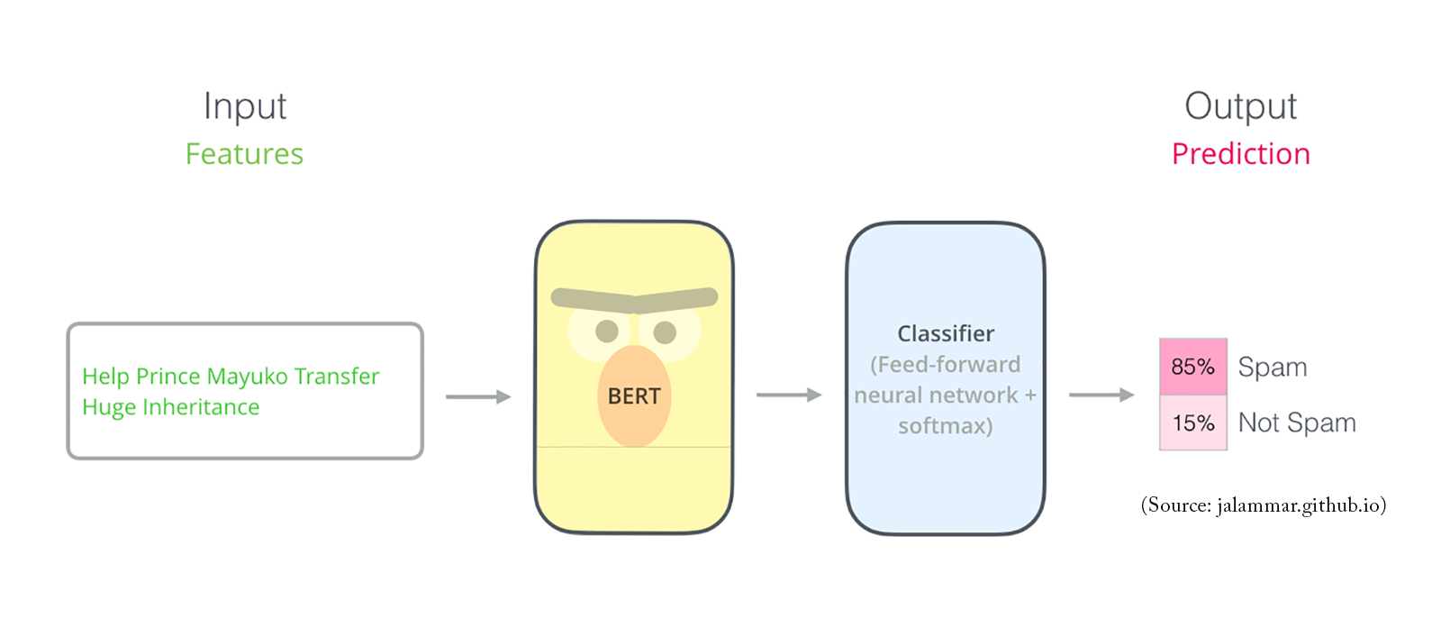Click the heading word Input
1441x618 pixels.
244,106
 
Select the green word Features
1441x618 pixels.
244,154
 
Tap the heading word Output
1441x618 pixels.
1240,106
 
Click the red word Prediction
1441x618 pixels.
1240,154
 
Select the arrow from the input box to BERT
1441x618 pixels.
478,396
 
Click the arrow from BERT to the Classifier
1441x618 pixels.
789,395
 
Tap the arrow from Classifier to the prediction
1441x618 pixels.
1101,395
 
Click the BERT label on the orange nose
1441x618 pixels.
634,396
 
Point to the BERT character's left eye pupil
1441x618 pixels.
607,331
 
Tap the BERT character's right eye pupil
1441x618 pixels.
665,332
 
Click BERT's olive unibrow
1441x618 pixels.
634,299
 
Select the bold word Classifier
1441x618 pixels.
946,334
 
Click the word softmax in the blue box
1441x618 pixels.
942,425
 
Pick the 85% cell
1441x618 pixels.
1192,367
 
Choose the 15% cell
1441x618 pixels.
1192,423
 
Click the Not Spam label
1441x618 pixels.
1297,423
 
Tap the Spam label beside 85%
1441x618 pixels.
1272,367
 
